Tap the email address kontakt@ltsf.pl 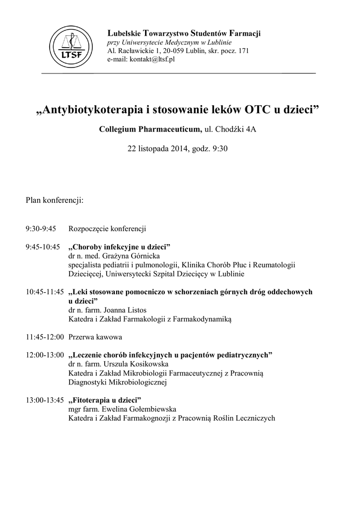coord(152,60)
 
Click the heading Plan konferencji coord(55,200)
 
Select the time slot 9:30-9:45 coord(41,229)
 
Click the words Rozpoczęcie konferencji coord(107,229)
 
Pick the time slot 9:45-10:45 coord(43,247)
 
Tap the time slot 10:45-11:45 coord(45,292)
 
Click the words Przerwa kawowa coord(95,337)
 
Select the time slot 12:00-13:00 coord(45,355)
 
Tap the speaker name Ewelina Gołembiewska coord(138,409)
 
